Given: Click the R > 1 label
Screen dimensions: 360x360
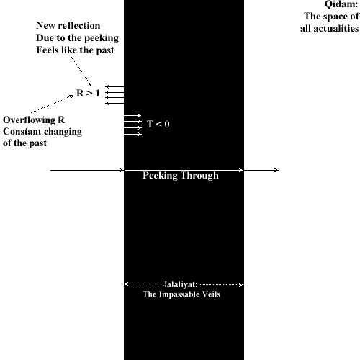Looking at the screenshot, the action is [88, 93].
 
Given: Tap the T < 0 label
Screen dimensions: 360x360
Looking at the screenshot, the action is [158, 124].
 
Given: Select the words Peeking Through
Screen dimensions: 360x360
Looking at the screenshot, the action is [181, 176].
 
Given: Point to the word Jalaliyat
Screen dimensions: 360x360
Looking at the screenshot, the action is [180, 284].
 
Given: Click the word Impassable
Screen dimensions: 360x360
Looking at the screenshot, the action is [182, 294].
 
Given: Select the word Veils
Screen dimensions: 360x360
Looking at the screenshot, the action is [214, 294].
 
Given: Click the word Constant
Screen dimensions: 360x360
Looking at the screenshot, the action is [19, 132].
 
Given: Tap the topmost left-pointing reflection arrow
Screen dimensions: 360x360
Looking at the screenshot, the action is [114, 86].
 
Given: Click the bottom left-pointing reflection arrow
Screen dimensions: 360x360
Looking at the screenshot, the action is [114, 104].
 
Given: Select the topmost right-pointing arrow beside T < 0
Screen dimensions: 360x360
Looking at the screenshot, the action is [132, 116].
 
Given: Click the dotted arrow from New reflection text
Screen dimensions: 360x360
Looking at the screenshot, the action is [81, 71].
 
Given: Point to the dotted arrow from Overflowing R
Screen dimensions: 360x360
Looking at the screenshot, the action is [52, 104].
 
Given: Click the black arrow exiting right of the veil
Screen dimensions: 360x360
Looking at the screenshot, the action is [261, 170].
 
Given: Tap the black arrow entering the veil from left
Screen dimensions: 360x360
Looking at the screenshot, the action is [87, 170].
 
